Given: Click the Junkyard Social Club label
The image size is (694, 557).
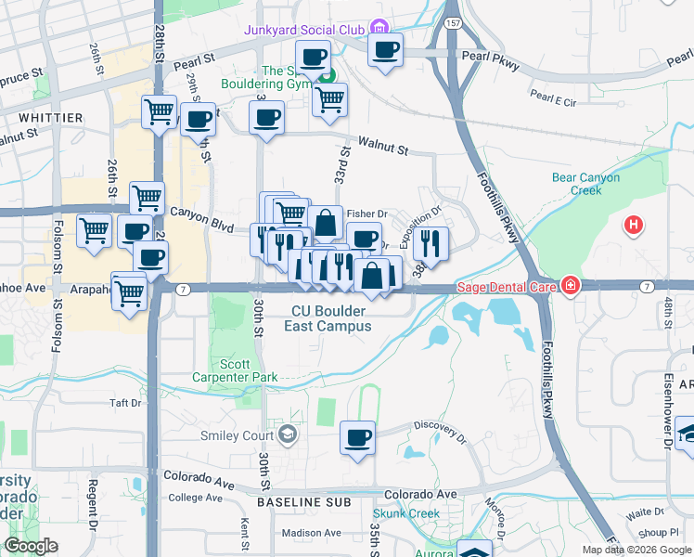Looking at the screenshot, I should (x=304, y=30).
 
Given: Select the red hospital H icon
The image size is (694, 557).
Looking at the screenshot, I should (x=634, y=225).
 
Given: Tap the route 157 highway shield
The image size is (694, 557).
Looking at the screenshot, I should (x=452, y=22).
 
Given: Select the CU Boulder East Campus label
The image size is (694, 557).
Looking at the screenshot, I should (x=331, y=318).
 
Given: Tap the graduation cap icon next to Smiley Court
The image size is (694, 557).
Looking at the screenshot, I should (x=289, y=434).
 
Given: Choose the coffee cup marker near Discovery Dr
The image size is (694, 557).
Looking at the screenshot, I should (x=356, y=437).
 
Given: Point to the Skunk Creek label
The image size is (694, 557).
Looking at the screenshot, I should (x=405, y=513).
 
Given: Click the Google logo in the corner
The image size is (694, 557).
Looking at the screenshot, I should (x=31, y=546).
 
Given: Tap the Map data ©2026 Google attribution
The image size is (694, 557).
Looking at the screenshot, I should (x=636, y=550).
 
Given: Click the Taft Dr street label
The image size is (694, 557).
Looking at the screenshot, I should (x=125, y=403).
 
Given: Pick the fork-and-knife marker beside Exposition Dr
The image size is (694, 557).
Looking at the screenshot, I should (x=430, y=243).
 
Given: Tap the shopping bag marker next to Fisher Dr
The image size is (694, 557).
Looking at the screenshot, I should (x=326, y=223).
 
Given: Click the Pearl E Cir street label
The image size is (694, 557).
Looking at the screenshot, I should (x=554, y=95).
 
